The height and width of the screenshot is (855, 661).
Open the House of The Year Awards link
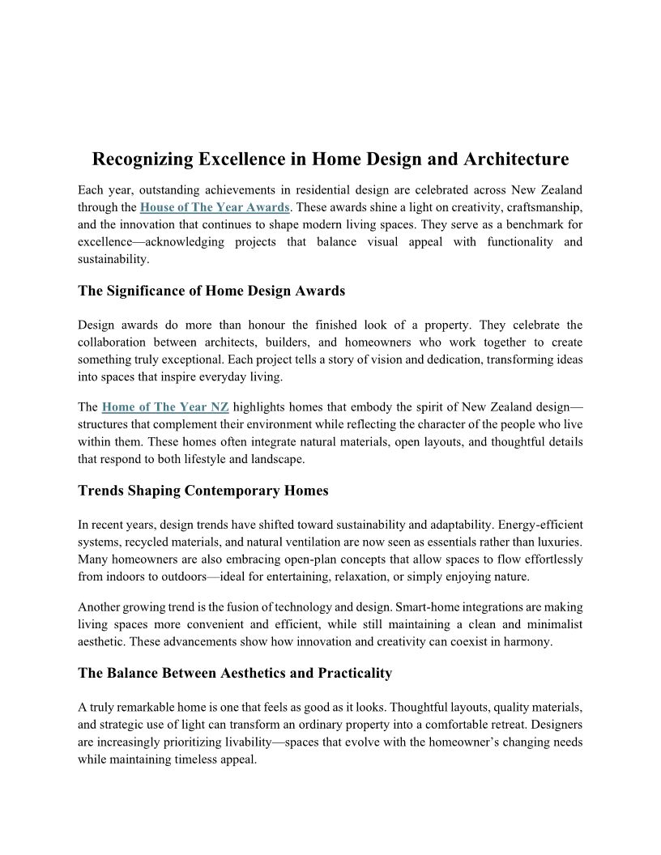(215, 207)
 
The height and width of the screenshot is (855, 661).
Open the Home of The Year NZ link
(165, 407)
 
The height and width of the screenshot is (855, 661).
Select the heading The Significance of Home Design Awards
(211, 291)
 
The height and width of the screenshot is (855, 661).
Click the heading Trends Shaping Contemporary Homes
(203, 491)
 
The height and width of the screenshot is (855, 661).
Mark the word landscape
(276, 458)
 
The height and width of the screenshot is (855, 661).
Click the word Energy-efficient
(537, 525)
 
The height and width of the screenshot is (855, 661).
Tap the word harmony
(527, 641)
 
